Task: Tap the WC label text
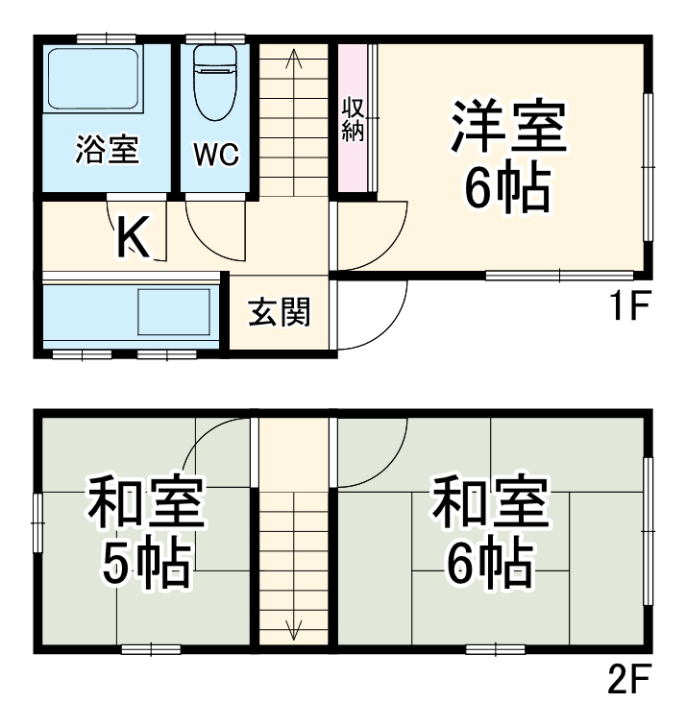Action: click(216, 154)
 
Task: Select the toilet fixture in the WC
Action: click(215, 81)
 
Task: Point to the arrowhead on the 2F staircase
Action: click(294, 632)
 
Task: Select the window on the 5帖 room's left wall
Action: click(38, 524)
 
